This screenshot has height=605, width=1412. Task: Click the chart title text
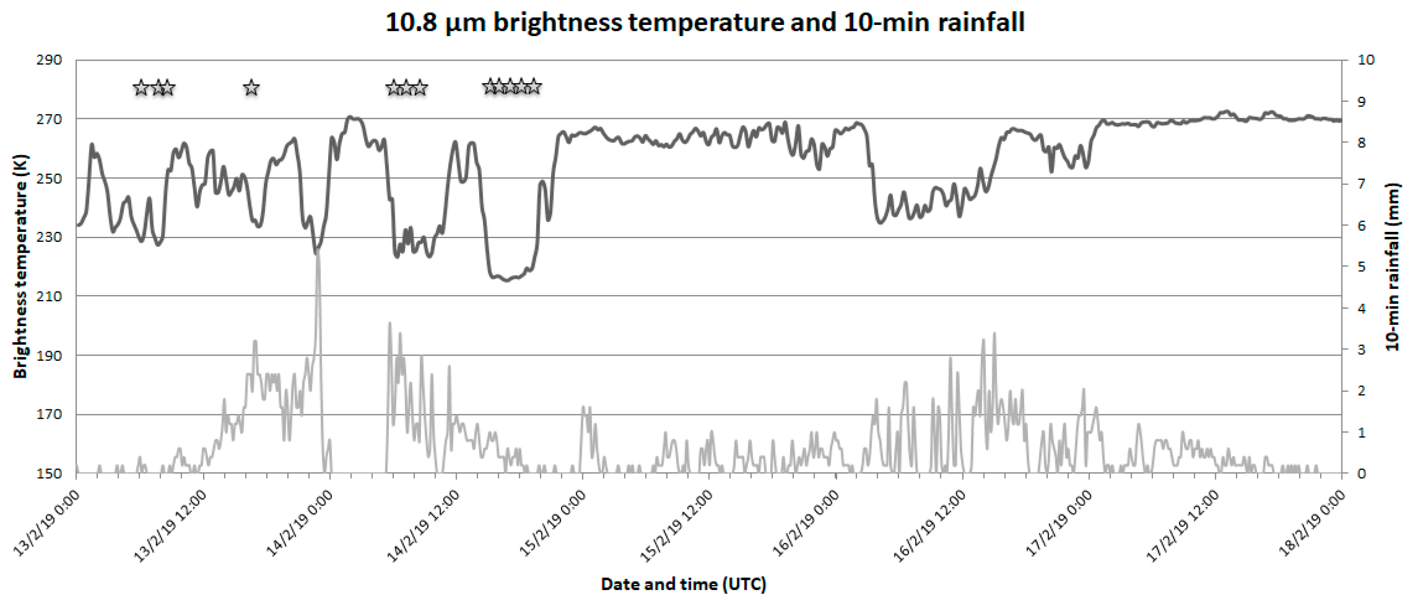pos(705,23)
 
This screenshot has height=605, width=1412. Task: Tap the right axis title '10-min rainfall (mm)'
pos(1393,267)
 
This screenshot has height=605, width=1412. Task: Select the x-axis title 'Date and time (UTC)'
pos(684,584)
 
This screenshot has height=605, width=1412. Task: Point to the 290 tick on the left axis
pos(49,60)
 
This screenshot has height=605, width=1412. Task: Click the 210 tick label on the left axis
pos(49,296)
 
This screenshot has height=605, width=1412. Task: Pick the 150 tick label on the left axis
pos(49,473)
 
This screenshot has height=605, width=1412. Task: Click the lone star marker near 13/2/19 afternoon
pos(251,87)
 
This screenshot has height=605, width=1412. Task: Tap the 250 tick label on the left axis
pos(49,178)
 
